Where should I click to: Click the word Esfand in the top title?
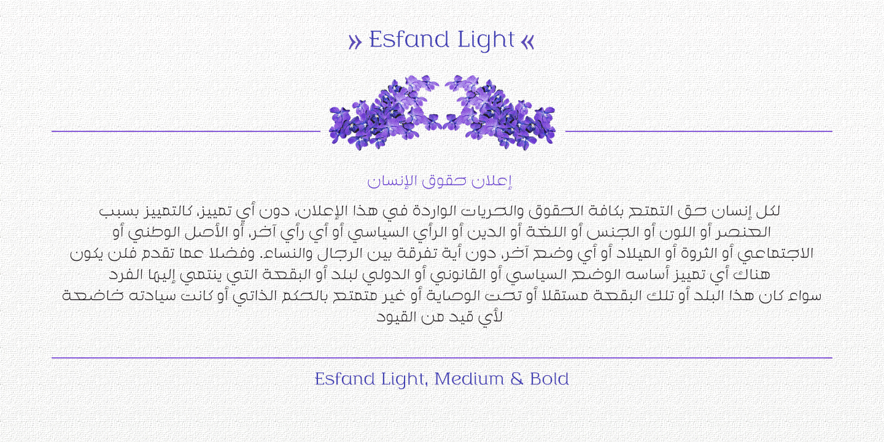point(409,40)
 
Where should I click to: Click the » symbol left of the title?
point(354,42)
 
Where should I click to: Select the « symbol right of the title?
point(527,42)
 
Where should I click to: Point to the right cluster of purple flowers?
point(500,114)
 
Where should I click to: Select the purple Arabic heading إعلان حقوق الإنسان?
point(440,181)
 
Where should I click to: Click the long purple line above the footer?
point(442,358)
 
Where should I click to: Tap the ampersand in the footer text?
point(516,379)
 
